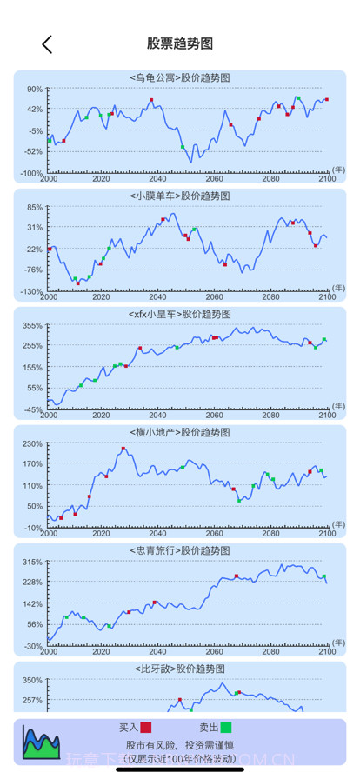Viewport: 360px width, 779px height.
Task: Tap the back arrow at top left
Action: coord(47,44)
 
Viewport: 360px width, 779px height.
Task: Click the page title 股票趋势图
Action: coord(180,44)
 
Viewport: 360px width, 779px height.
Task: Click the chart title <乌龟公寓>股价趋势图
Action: coord(180,77)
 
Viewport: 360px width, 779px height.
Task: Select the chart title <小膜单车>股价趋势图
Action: coord(180,196)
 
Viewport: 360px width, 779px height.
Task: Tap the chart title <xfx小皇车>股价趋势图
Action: coord(180,314)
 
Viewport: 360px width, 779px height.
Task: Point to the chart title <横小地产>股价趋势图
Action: coord(180,432)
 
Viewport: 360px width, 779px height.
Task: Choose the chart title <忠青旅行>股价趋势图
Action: coord(180,550)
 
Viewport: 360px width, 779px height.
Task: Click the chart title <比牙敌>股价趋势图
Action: coord(180,669)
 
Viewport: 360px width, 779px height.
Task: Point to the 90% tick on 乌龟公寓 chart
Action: coord(34,89)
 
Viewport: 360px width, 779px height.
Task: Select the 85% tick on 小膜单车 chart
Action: coord(34,207)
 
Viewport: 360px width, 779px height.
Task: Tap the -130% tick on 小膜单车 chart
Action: coord(31,291)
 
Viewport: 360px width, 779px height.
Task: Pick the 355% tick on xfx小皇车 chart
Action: coord(32,325)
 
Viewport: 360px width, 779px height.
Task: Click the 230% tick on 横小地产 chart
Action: coord(32,443)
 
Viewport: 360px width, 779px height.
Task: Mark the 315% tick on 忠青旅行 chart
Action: coord(32,562)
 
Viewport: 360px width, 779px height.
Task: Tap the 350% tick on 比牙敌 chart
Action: coord(32,680)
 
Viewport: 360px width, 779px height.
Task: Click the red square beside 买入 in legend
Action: coord(146,728)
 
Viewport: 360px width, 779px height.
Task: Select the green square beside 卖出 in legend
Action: coord(226,728)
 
